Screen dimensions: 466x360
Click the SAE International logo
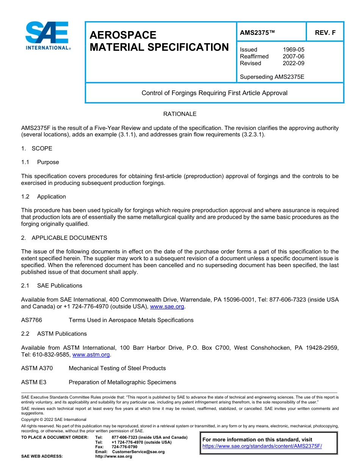47,36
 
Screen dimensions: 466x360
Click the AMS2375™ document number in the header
257,33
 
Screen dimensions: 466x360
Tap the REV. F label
325,33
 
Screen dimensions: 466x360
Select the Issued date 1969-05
293,50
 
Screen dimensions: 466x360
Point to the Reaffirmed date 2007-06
293,56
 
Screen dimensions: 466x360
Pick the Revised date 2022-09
293,63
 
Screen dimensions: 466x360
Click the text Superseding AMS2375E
272,77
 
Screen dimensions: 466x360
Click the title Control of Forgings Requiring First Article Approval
214,93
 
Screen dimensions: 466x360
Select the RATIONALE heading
180,114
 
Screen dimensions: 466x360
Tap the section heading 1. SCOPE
37,149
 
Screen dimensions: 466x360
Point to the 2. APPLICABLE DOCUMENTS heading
64,238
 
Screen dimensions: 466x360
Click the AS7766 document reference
31,320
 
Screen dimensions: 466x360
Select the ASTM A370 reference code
37,368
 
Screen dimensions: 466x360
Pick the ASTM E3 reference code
34,382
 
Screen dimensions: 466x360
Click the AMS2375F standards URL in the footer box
262,446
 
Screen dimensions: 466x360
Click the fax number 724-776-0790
124,447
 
